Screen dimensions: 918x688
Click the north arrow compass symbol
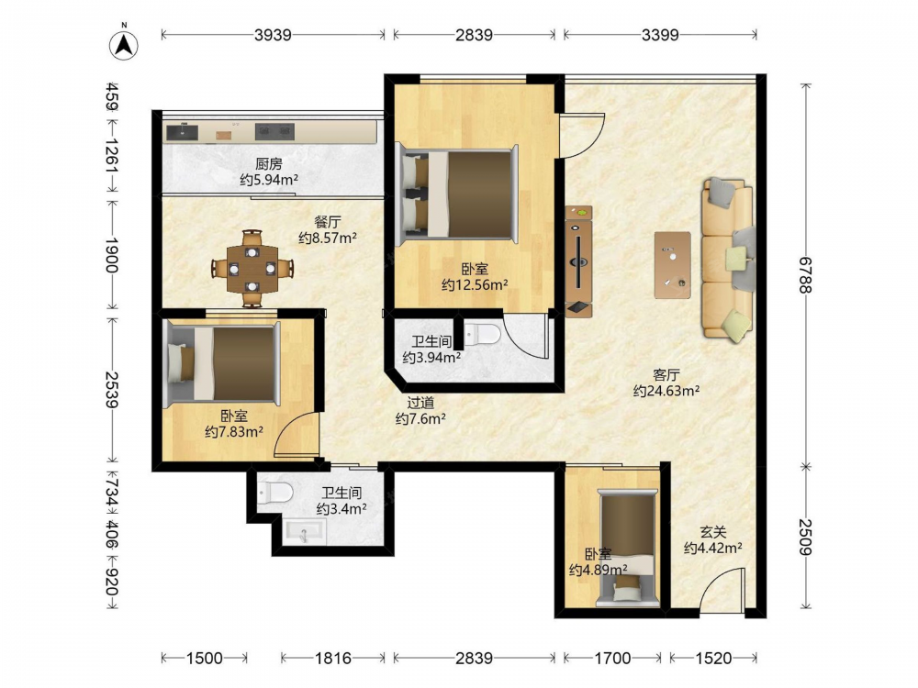pyautogui.click(x=124, y=44)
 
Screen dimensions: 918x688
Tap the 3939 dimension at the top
pyautogui.click(x=273, y=35)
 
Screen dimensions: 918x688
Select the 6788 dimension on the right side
pyautogui.click(x=806, y=275)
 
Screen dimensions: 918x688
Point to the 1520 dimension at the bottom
pyautogui.click(x=713, y=658)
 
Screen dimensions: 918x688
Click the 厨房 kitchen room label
pyautogui.click(x=269, y=164)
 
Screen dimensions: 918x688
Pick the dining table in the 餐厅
pyautogui.click(x=252, y=269)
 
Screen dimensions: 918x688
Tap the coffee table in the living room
pyautogui.click(x=673, y=265)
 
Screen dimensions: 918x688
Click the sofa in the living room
pyautogui.click(x=728, y=260)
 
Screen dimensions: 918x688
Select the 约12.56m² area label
pyautogui.click(x=475, y=285)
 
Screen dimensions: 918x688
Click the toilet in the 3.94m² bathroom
pyautogui.click(x=483, y=335)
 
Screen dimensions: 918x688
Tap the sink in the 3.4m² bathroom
pyautogui.click(x=305, y=532)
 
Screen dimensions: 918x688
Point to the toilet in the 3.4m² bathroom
pyautogui.click(x=275, y=492)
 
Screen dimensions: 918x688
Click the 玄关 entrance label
pyautogui.click(x=713, y=532)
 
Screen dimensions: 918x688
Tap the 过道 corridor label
pyautogui.click(x=420, y=403)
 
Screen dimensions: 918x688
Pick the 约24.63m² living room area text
pyautogui.click(x=666, y=390)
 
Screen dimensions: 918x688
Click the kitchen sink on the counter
pyautogui.click(x=183, y=132)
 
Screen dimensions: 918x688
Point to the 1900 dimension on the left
pyautogui.click(x=112, y=255)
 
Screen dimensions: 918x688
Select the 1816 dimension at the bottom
pyautogui.click(x=333, y=658)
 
